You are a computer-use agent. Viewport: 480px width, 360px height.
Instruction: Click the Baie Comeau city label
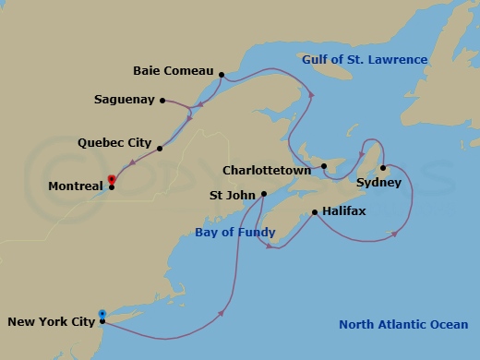tap(173, 71)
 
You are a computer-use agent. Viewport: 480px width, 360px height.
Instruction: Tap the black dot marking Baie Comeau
tap(222, 71)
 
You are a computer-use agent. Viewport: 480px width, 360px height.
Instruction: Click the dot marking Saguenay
tap(162, 100)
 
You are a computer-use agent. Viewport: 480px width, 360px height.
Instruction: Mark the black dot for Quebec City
tap(160, 148)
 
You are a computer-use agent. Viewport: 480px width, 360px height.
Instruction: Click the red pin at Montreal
tap(112, 180)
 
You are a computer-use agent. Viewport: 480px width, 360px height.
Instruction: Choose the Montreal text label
tap(76, 186)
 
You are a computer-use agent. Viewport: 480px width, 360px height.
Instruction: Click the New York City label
tap(51, 322)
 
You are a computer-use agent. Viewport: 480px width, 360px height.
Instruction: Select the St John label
tap(233, 195)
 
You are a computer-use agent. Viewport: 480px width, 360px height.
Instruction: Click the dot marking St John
tap(264, 194)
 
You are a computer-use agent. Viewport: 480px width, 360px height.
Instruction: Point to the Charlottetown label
tap(269, 170)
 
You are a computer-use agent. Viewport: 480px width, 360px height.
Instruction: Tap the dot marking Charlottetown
tap(324, 167)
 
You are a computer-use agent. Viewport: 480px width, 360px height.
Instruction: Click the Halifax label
tap(344, 211)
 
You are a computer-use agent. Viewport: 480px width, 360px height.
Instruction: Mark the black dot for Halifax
tap(316, 212)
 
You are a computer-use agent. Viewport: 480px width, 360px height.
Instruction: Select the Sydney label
tap(378, 183)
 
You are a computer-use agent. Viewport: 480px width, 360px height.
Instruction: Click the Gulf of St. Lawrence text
tap(365, 60)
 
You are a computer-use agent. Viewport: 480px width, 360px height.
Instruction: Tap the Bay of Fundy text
tap(233, 234)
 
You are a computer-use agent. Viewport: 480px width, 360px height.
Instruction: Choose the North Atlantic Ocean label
tap(402, 324)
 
